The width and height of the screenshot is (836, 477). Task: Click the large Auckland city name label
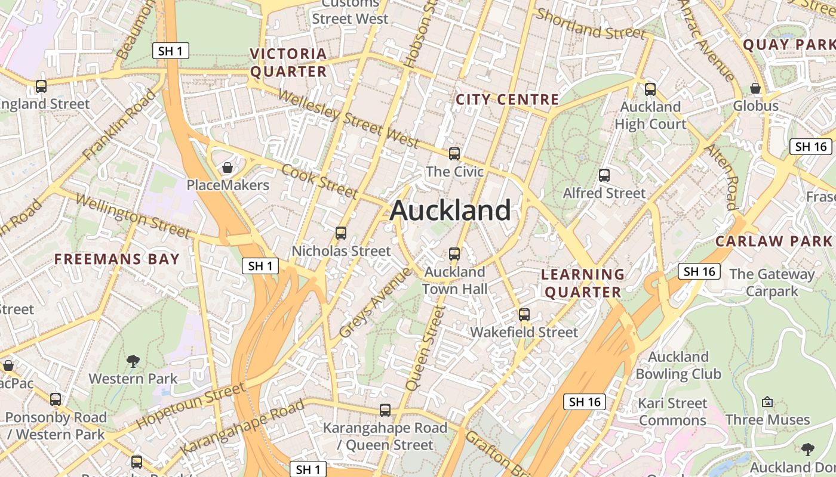451,210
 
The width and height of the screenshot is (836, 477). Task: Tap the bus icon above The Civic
454,154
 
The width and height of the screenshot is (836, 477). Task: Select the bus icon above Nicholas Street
341,233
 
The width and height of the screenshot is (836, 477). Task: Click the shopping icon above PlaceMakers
228,168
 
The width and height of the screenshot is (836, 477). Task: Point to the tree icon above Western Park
133,361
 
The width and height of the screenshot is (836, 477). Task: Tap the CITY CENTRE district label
507,100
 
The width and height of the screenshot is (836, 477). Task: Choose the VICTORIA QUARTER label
288,63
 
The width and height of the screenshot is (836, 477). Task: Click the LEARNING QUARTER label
583,283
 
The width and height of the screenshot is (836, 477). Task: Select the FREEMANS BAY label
117,259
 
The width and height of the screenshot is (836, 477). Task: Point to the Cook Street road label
319,180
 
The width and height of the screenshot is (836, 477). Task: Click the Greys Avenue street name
375,302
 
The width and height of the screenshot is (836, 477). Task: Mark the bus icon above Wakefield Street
524,314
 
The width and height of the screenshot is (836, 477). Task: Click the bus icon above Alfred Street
604,175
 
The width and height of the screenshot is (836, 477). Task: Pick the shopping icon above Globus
755,88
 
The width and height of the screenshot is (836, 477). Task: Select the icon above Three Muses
767,402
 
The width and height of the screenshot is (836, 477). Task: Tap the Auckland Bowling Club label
678,366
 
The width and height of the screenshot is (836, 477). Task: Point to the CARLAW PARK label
773,241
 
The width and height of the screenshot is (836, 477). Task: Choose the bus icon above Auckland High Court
650,89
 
